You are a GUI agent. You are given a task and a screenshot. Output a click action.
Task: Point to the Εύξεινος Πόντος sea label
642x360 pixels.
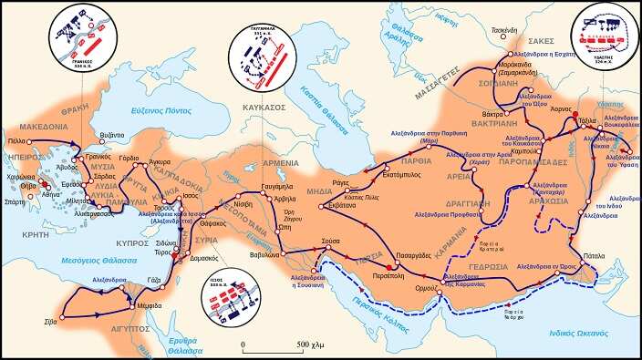[x=144, y=109]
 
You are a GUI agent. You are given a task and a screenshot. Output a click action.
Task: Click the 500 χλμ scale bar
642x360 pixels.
[x=272, y=344]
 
